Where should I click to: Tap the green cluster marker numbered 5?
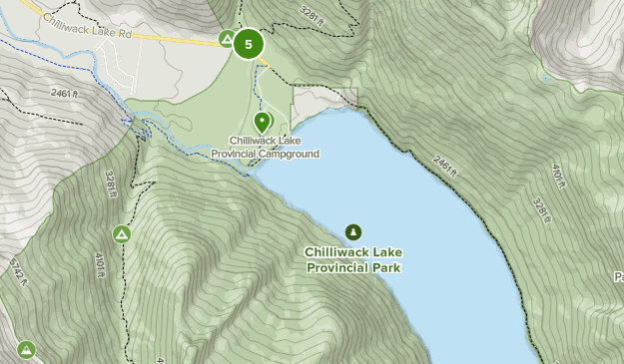(x=248, y=44)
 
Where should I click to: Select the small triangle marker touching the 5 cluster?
(x=227, y=40)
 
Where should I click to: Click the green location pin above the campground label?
(x=263, y=123)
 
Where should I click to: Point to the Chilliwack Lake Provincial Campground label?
(x=265, y=148)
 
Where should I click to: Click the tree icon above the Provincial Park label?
(x=353, y=231)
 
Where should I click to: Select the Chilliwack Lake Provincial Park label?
(x=353, y=259)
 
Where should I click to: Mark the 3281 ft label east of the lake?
(x=540, y=210)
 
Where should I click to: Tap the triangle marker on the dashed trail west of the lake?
(x=122, y=234)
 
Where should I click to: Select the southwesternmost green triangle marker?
(x=26, y=349)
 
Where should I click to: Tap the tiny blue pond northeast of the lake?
(x=545, y=77)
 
